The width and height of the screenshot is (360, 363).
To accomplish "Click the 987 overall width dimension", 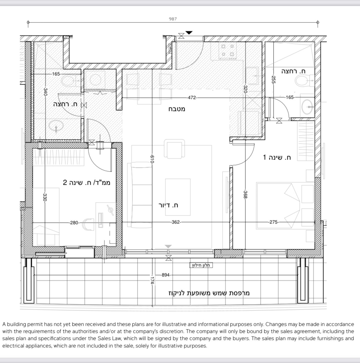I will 173,19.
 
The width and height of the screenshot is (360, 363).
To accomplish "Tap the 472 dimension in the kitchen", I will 192,98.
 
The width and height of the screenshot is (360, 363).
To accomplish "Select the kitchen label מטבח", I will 177,109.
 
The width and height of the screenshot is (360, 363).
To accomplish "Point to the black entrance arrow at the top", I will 189,33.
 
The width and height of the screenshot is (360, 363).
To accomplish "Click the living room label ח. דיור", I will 168,205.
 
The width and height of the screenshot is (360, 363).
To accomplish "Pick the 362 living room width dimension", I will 176,222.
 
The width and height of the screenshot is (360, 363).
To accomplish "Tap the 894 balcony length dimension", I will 166,275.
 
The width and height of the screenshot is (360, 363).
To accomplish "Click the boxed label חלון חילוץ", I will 201,265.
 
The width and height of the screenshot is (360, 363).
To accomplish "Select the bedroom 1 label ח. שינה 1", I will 277,157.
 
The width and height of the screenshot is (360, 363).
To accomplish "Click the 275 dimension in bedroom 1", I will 274,222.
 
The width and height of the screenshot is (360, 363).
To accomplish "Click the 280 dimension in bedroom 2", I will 74,223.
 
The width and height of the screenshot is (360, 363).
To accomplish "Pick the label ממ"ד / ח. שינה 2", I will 86,182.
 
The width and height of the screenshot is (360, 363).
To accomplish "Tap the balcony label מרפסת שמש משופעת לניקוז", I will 209,293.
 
